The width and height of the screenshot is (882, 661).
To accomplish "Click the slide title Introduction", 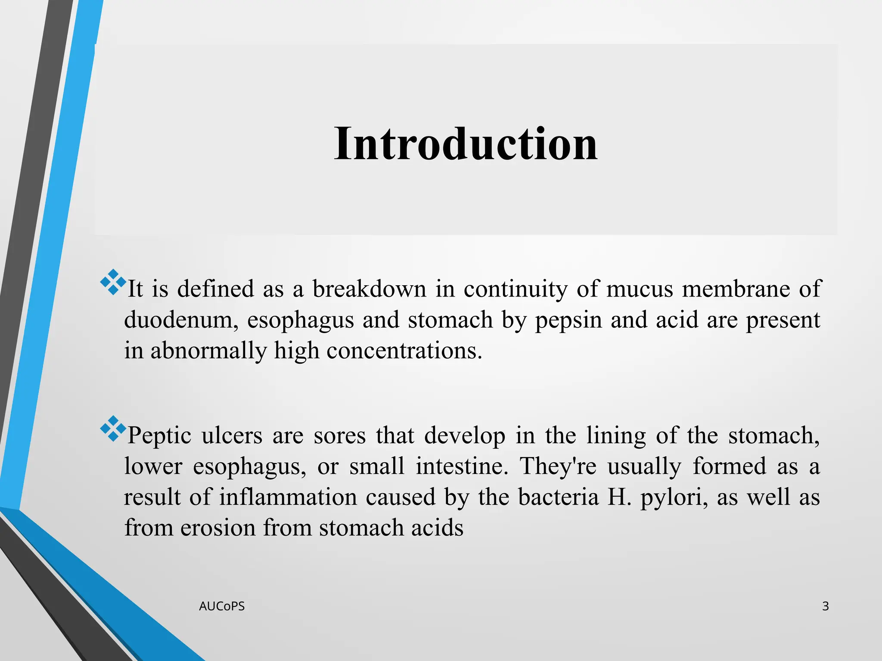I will click(466, 144).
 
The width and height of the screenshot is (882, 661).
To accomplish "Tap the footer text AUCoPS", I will click(222, 606).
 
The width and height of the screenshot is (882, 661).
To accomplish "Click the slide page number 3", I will click(825, 606).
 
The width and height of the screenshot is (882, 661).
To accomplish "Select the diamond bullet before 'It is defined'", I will click(113, 282).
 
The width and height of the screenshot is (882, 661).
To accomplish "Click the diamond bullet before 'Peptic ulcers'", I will click(113, 429).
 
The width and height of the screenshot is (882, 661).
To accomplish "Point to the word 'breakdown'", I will click(370, 288).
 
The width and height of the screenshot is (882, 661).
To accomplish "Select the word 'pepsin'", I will click(568, 320).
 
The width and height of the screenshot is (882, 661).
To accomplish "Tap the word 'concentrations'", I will click(404, 350).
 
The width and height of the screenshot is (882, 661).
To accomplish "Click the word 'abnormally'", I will click(208, 350).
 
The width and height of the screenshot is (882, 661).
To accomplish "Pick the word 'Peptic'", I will click(159, 436).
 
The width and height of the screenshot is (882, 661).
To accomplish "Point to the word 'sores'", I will click(339, 436).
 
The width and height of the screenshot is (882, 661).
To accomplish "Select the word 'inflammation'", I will click(288, 497).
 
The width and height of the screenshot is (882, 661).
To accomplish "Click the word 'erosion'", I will click(218, 528).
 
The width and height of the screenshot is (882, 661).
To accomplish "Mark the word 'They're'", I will click(558, 466).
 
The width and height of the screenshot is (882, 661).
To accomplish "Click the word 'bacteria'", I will click(558, 497).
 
